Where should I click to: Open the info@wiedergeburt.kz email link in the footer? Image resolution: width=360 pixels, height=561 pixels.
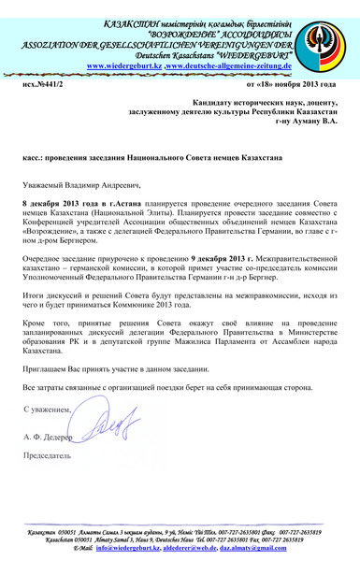tap(125, 548)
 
